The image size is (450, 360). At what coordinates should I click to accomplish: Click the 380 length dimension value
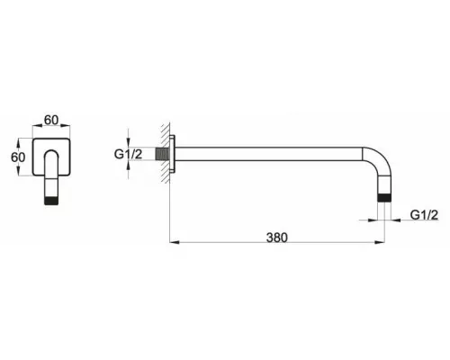point(277,238)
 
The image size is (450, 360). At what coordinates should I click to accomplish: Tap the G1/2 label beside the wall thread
point(128,154)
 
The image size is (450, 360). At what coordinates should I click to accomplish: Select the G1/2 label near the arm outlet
point(424,215)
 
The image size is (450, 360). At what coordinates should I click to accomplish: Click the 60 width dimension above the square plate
point(51,120)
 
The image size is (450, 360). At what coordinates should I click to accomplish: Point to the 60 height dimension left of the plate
point(18,157)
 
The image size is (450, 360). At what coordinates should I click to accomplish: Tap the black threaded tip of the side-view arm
point(384,198)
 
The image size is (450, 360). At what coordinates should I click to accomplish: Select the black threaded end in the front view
point(51,201)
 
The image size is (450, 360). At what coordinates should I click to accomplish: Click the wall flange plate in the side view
point(172,154)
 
